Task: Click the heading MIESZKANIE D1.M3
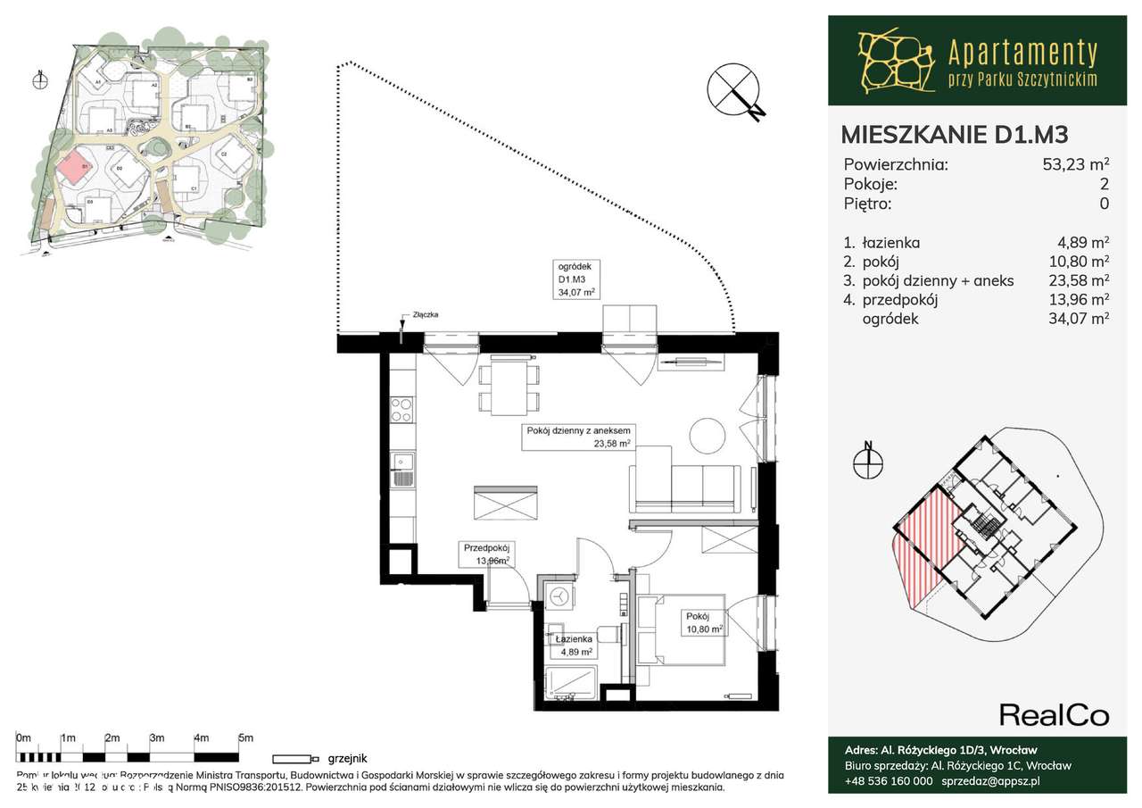(x=955, y=134)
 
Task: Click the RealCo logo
(x=1054, y=715)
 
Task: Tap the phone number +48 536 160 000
(x=889, y=780)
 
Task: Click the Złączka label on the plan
(x=426, y=315)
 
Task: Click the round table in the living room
(x=709, y=435)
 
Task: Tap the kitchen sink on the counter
(x=402, y=470)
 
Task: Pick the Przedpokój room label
(x=485, y=554)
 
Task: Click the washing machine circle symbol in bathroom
(x=559, y=596)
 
